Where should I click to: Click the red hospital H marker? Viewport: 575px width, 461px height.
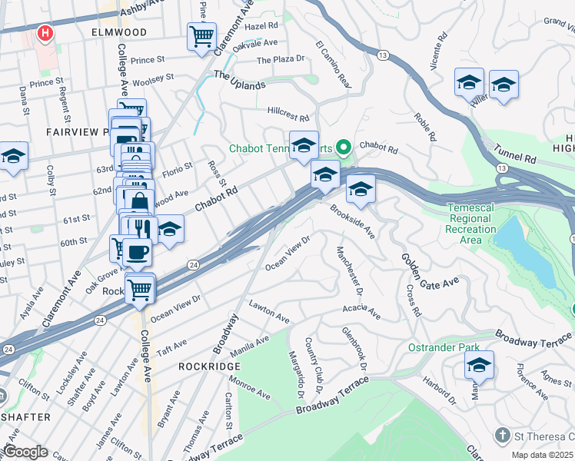coord(46,34)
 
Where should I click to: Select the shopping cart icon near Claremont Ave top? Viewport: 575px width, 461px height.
coord(201,35)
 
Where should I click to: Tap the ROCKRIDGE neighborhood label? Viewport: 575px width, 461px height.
coord(210,366)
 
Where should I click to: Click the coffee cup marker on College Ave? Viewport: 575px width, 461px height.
coord(138,251)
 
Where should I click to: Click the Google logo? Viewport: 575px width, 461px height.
coord(25,453)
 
